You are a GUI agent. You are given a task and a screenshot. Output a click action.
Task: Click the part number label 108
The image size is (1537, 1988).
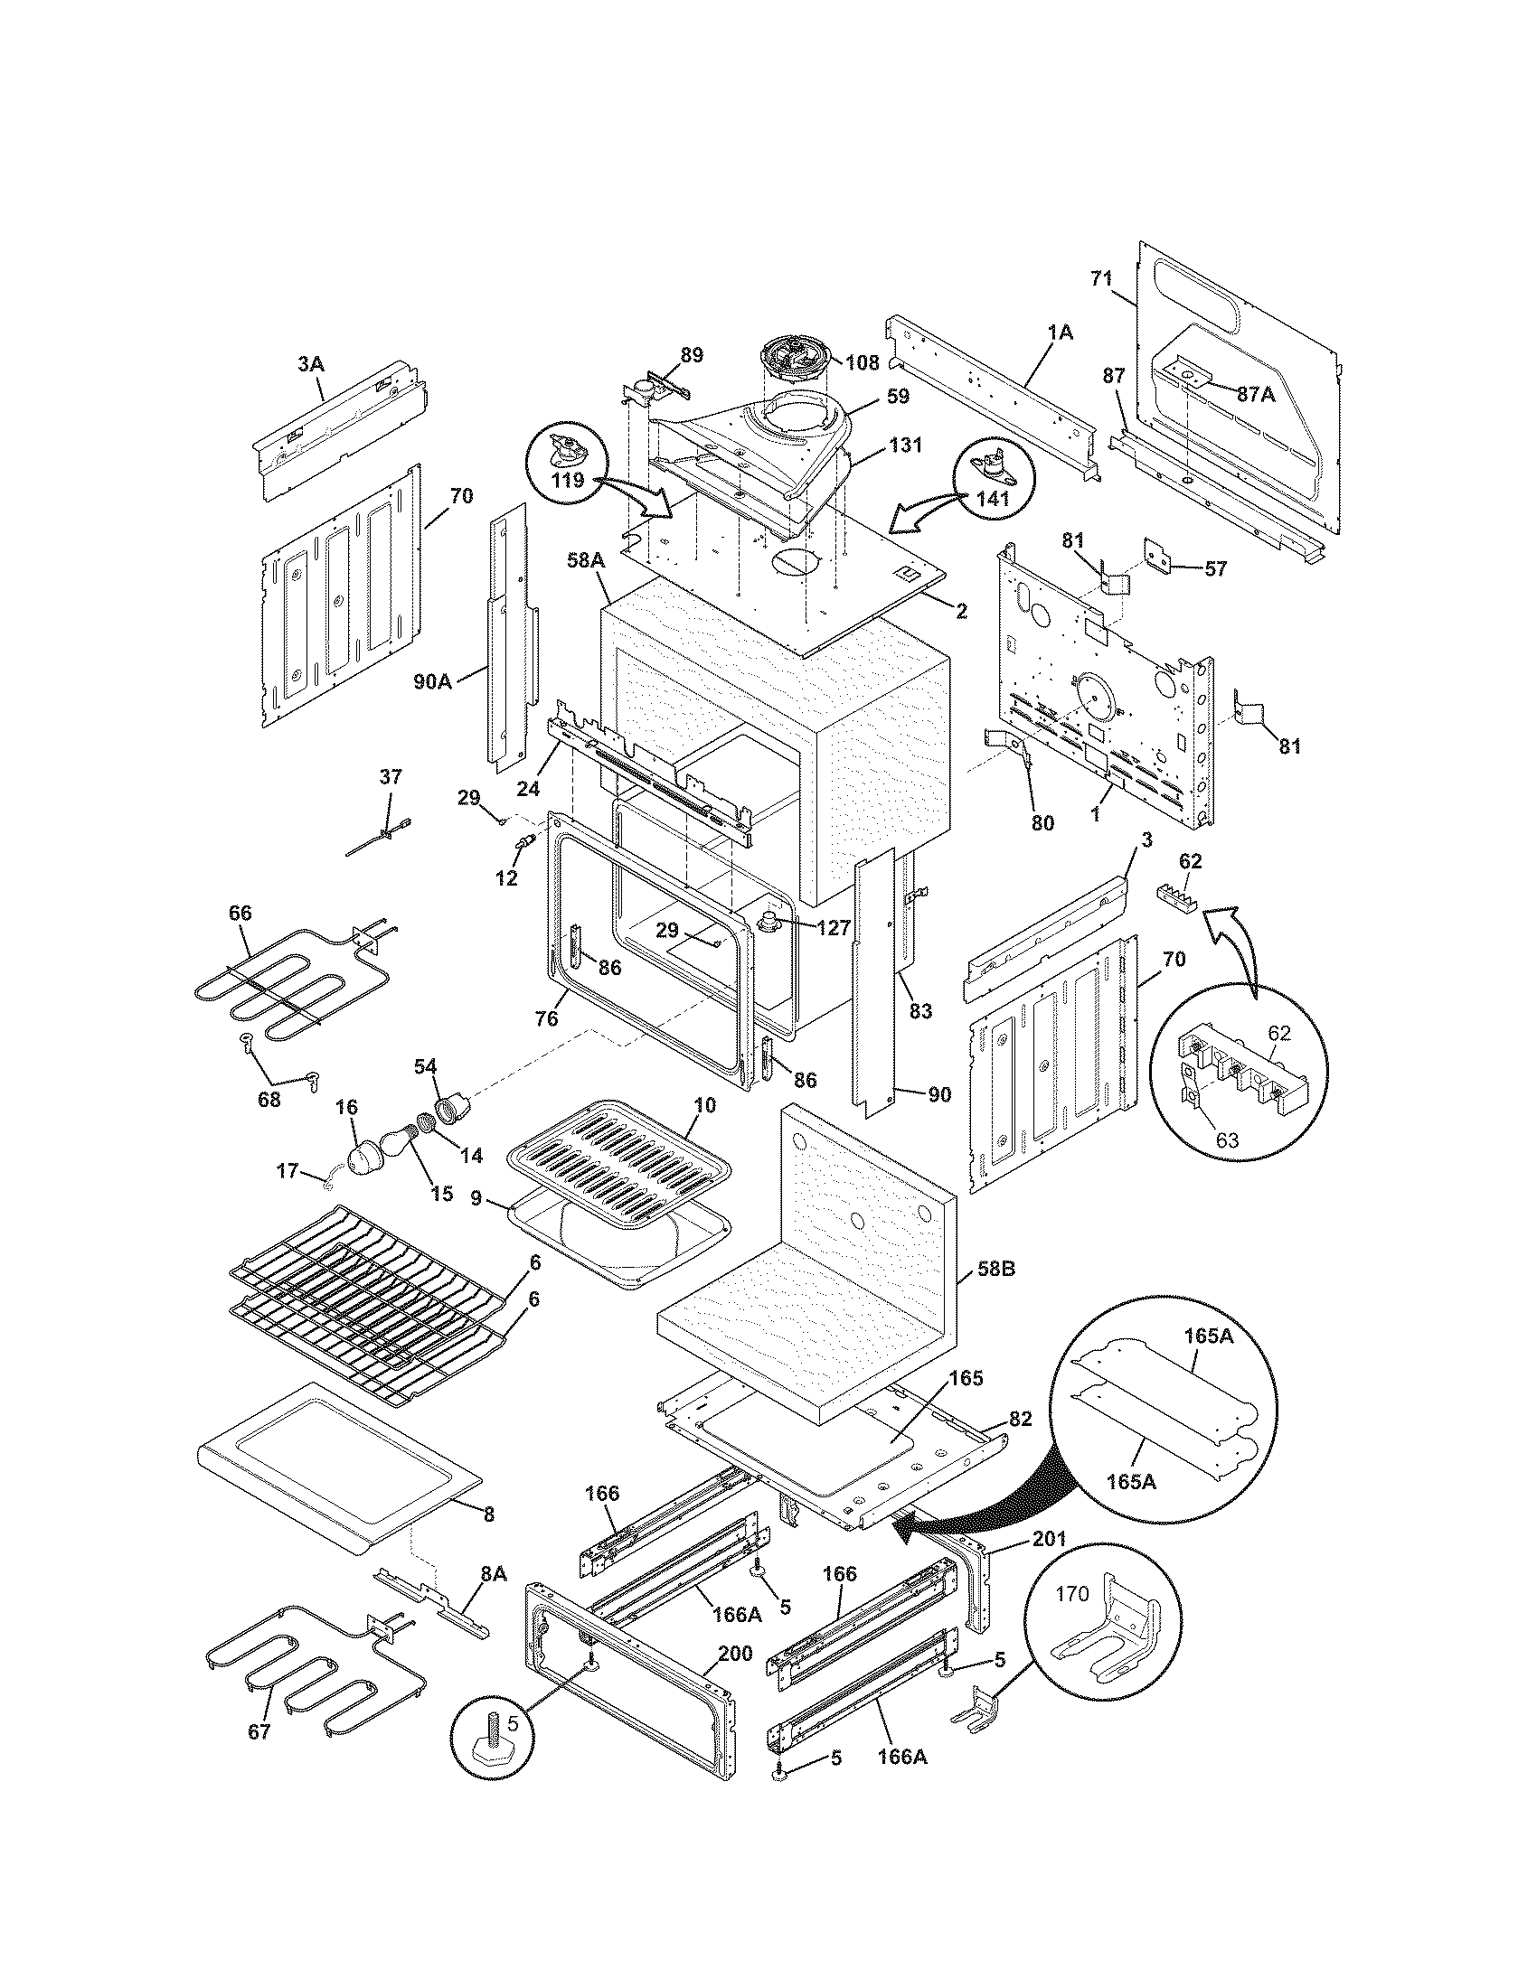[863, 362]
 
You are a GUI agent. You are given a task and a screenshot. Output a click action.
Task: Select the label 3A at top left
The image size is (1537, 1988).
[310, 363]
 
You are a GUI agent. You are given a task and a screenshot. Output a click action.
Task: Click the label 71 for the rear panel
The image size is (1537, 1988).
[1102, 278]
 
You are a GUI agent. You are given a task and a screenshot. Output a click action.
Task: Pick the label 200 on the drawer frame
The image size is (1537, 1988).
[735, 1652]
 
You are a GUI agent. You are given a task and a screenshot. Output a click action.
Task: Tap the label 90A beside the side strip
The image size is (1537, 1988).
[432, 679]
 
